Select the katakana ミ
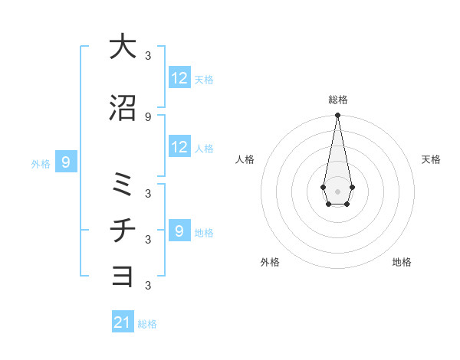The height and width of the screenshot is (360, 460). [123, 185]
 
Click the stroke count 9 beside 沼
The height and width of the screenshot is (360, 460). [148, 116]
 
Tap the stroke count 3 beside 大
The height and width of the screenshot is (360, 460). [148, 56]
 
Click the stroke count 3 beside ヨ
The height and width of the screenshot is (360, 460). [148, 285]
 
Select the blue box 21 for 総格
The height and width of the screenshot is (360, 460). [123, 322]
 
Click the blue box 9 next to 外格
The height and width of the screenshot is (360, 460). [67, 162]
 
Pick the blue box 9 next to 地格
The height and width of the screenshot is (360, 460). [179, 231]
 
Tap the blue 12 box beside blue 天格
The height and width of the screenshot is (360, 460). [179, 78]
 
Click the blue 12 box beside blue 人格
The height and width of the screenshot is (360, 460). [179, 147]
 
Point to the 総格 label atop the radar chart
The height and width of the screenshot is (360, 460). [337, 100]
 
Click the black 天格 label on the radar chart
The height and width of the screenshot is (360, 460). [431, 159]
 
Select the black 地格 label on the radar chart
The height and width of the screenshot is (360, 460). [402, 262]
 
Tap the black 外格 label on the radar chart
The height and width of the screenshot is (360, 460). [270, 262]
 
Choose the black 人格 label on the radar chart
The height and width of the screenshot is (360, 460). [245, 159]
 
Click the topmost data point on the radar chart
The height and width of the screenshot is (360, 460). [337, 115]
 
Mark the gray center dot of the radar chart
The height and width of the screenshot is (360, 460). [337, 190]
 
